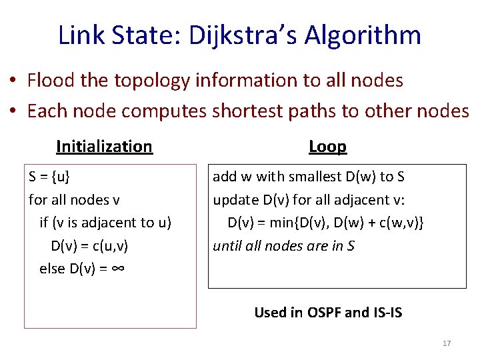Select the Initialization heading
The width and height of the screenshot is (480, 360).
point(105,146)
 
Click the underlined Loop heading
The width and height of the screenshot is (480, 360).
point(327,146)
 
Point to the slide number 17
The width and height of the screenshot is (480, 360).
point(447,343)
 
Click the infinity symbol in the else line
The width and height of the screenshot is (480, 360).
point(119,269)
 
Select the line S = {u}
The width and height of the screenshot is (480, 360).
point(49,177)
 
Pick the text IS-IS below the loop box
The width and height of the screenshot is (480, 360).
point(385,312)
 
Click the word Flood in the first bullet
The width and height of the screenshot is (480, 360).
point(51,81)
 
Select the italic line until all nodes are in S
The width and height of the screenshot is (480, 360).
point(283,246)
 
